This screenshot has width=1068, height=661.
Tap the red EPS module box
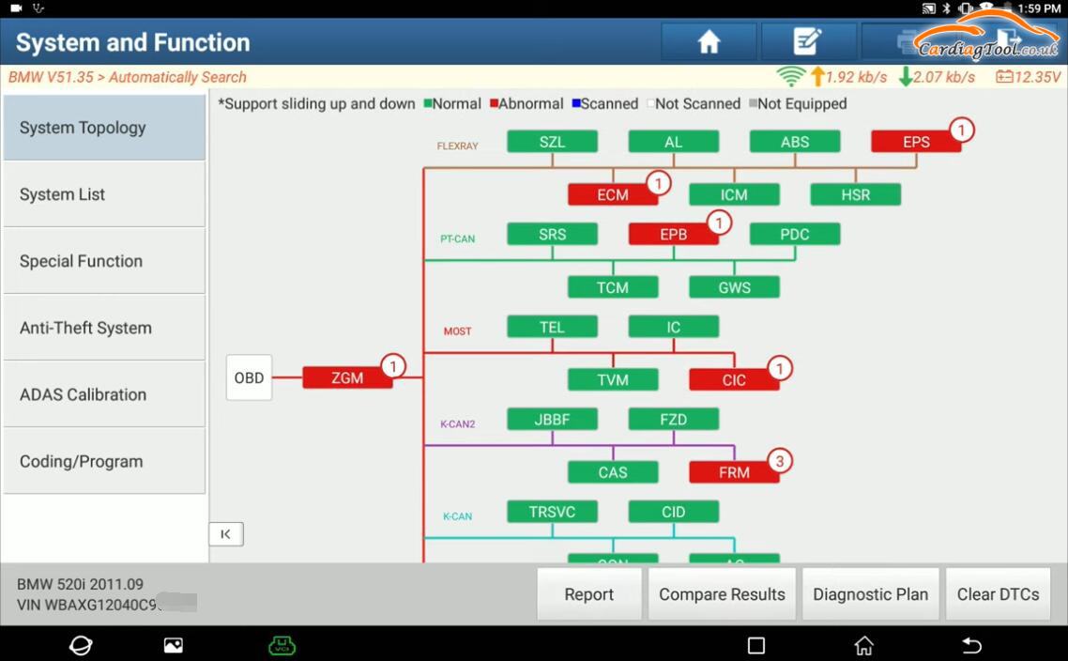[915, 142]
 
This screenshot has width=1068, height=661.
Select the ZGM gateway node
[346, 378]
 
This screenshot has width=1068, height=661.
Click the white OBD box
[249, 377]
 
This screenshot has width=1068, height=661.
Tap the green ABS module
[794, 142]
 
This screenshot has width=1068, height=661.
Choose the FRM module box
[733, 472]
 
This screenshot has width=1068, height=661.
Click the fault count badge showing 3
[779, 461]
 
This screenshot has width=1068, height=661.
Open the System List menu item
[103, 194]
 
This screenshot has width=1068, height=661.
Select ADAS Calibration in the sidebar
[103, 394]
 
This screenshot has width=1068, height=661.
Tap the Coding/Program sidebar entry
[103, 461]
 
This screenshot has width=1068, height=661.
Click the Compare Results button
[722, 594]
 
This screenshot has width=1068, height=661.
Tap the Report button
[588, 594]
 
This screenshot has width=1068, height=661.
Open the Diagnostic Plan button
[870, 594]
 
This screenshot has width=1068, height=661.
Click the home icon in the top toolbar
[709, 42]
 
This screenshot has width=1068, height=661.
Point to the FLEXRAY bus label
[457, 146]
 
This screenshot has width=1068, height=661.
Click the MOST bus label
[457, 331]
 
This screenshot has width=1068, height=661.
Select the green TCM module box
[612, 287]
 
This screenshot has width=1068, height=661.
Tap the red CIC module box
[733, 379]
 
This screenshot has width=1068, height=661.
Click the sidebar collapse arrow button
[225, 534]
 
